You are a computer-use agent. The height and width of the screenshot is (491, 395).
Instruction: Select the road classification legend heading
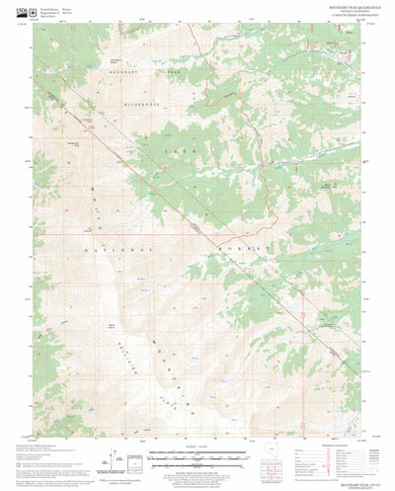click(x=337, y=446)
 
